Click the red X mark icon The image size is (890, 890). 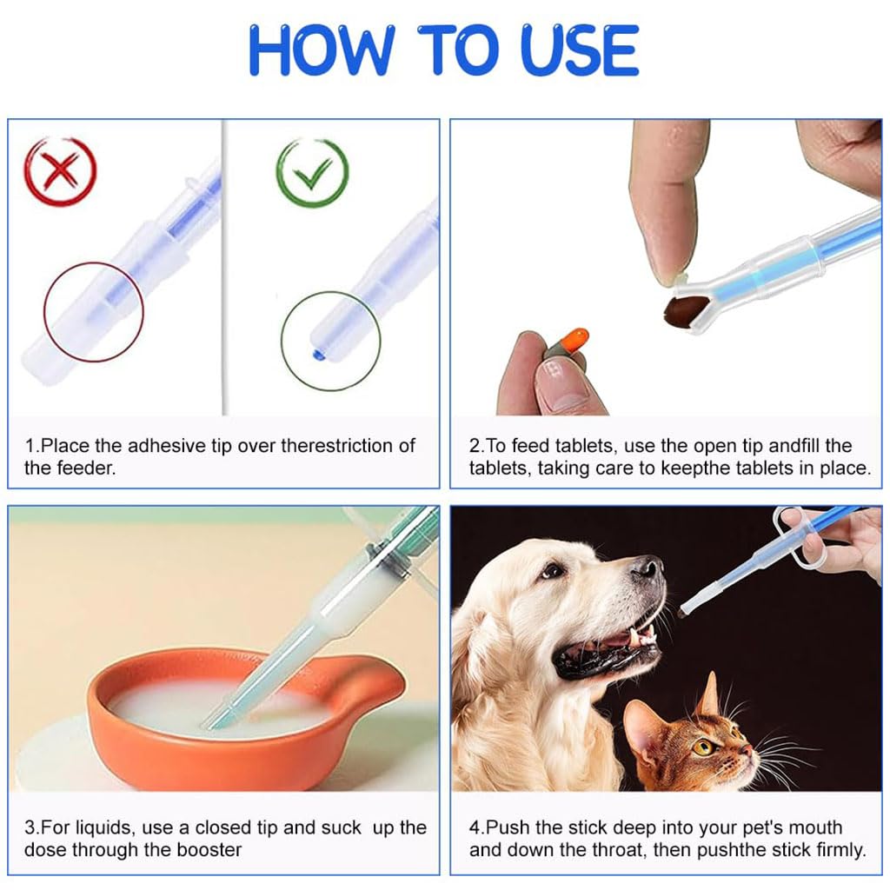(59, 171)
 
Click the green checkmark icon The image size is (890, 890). (312, 173)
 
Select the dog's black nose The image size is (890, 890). (647, 570)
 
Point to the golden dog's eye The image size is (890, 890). (551, 570)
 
